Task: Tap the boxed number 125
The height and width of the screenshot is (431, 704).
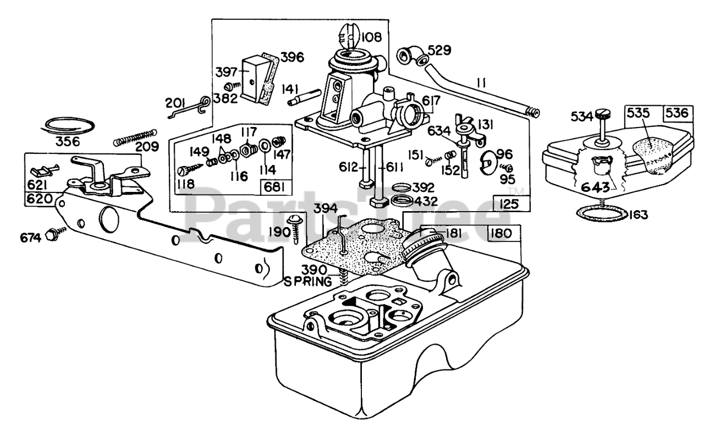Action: coord(509,204)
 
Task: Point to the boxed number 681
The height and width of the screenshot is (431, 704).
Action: coord(274,188)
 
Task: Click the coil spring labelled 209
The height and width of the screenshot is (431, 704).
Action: coord(135,137)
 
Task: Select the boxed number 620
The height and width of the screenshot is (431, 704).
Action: coord(39,198)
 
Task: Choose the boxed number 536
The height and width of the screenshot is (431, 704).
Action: coord(678,113)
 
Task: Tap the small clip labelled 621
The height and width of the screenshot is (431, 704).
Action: coord(45,170)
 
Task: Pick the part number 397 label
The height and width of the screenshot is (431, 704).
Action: coord(226,72)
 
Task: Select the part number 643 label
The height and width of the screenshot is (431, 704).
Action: coord(595,187)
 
